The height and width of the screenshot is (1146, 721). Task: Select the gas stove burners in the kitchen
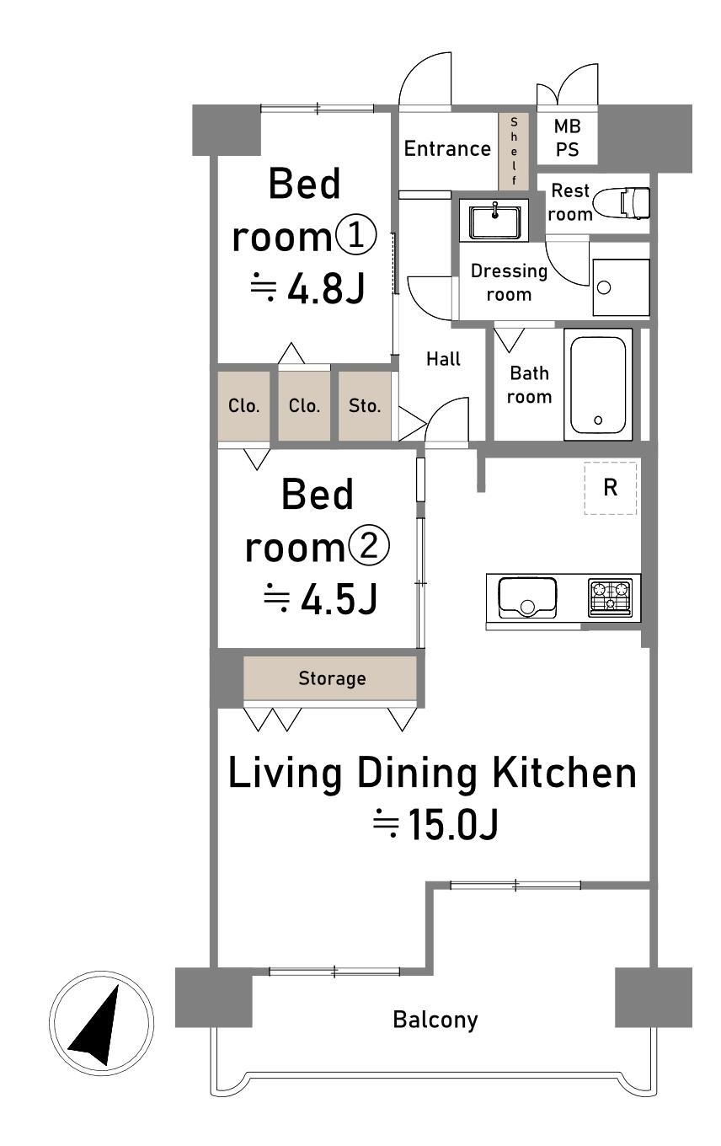click(610, 597)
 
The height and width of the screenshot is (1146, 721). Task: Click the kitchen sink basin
click(527, 597)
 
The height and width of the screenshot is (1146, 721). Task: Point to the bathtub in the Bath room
click(598, 384)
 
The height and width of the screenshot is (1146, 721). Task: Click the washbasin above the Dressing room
click(495, 221)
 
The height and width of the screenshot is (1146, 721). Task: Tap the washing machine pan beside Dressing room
click(621, 287)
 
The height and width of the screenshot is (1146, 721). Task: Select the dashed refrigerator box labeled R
click(611, 488)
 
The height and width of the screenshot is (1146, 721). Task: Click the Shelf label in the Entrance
click(514, 151)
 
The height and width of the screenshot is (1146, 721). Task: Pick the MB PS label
click(567, 137)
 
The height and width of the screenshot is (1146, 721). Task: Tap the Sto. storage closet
click(365, 405)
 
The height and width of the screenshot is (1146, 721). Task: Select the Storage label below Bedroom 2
click(333, 678)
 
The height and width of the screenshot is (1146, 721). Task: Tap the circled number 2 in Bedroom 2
click(369, 546)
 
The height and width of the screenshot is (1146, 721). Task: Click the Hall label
click(443, 359)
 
